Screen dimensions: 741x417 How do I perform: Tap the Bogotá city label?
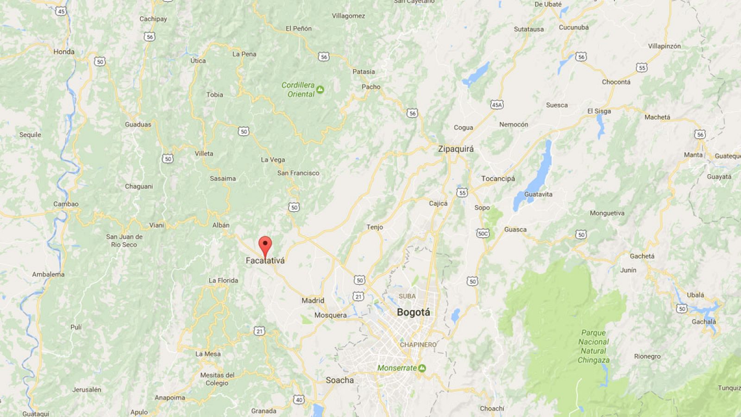coord(413,312)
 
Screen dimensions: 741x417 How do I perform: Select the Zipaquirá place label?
coord(456,149)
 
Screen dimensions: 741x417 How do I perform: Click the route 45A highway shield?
coord(497,105)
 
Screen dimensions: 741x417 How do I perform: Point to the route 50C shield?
coord(483,234)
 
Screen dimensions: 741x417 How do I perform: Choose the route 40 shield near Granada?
coord(299,400)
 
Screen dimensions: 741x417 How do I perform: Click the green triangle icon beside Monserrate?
coord(422,368)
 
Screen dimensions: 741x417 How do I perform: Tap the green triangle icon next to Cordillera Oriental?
coord(320,89)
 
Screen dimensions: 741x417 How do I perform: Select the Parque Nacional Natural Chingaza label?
coord(593,346)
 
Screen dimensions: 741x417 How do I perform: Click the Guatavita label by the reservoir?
coord(538,194)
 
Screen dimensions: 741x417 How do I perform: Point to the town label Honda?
coord(64,51)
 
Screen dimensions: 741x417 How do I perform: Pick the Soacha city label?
coord(339,380)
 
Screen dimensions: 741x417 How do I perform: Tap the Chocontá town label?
coord(616,82)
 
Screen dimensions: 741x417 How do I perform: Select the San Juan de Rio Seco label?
coord(124,240)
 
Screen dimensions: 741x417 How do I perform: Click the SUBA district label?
coord(407,296)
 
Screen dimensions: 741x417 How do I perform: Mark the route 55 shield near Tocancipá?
coord(462,192)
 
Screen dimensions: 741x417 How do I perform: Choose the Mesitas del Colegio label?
coord(217,379)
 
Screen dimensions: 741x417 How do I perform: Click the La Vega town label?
coord(273,160)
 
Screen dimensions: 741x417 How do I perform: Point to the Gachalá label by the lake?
coord(704,322)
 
